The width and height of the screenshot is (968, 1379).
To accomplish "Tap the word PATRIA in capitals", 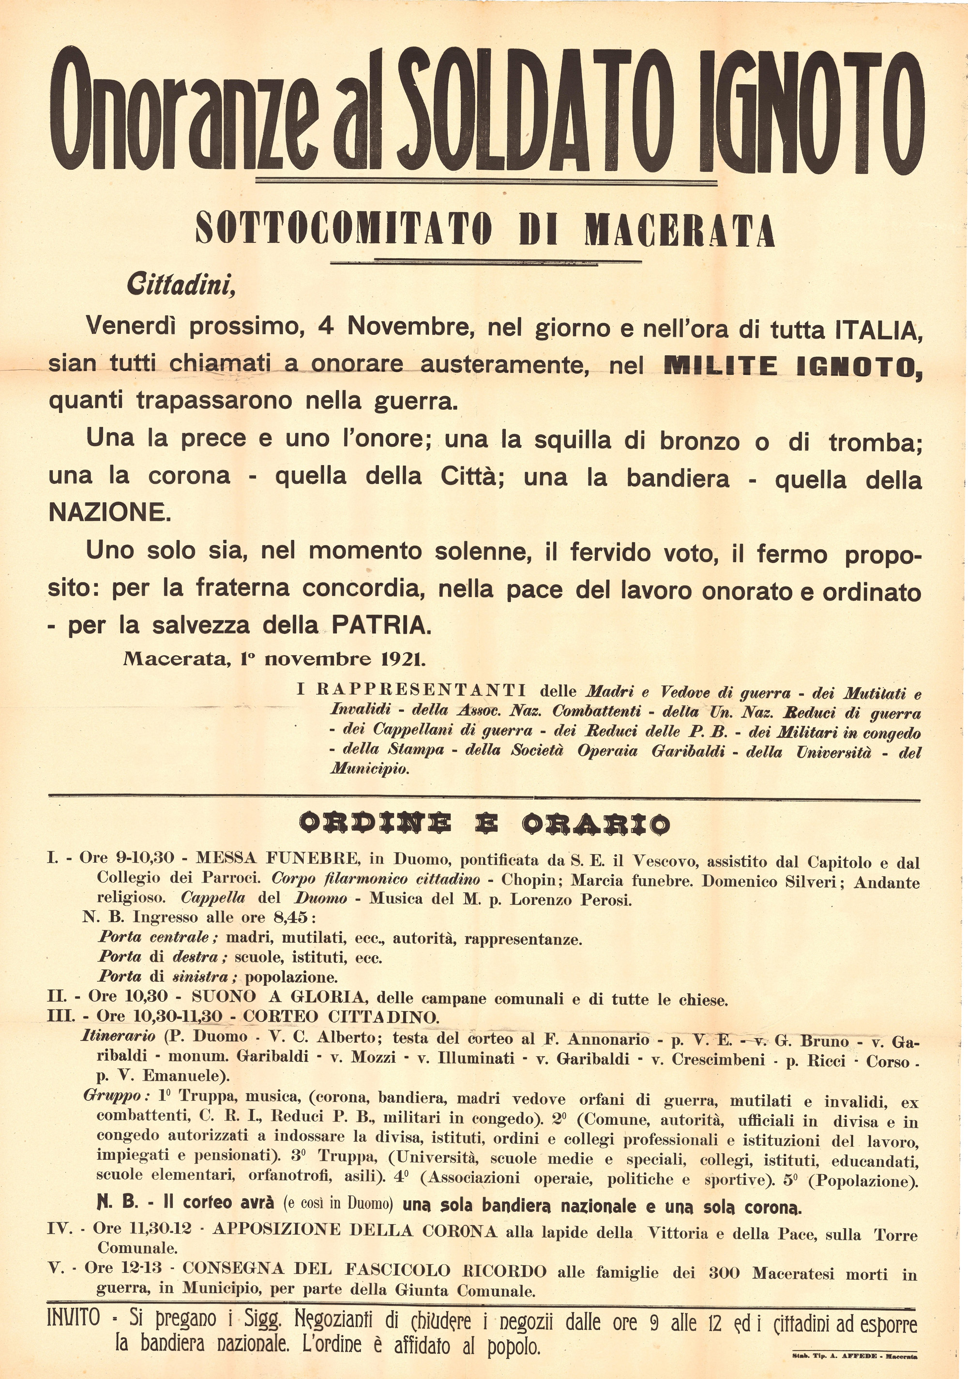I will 381,625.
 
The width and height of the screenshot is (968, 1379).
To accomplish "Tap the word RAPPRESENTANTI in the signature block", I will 421,689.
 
